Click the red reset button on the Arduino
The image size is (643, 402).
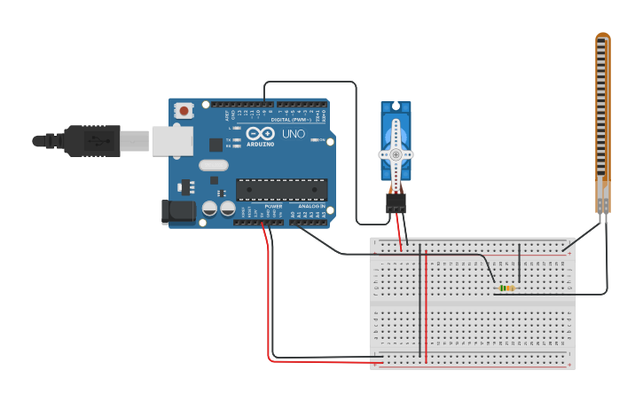pos(184,111)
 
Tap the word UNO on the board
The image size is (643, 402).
pos(294,134)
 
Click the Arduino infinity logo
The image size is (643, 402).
pos(261,133)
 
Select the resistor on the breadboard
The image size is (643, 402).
pos(507,288)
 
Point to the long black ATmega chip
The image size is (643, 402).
pos(281,189)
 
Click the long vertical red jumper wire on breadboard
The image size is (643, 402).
pos(427,306)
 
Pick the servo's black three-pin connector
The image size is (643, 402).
pos(396,203)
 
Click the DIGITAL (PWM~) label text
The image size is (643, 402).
pos(292,118)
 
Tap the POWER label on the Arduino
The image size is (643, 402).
pos(273,206)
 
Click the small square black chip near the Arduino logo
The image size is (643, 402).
pos(216,145)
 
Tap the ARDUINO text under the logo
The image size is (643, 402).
pos(261,144)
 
